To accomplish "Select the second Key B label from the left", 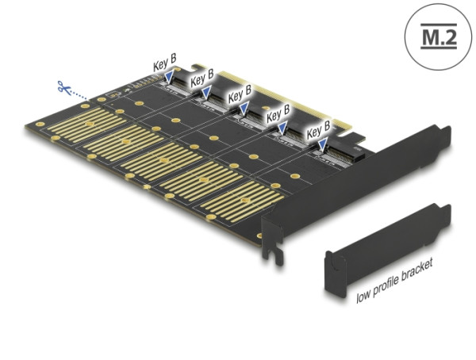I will (201, 79).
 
